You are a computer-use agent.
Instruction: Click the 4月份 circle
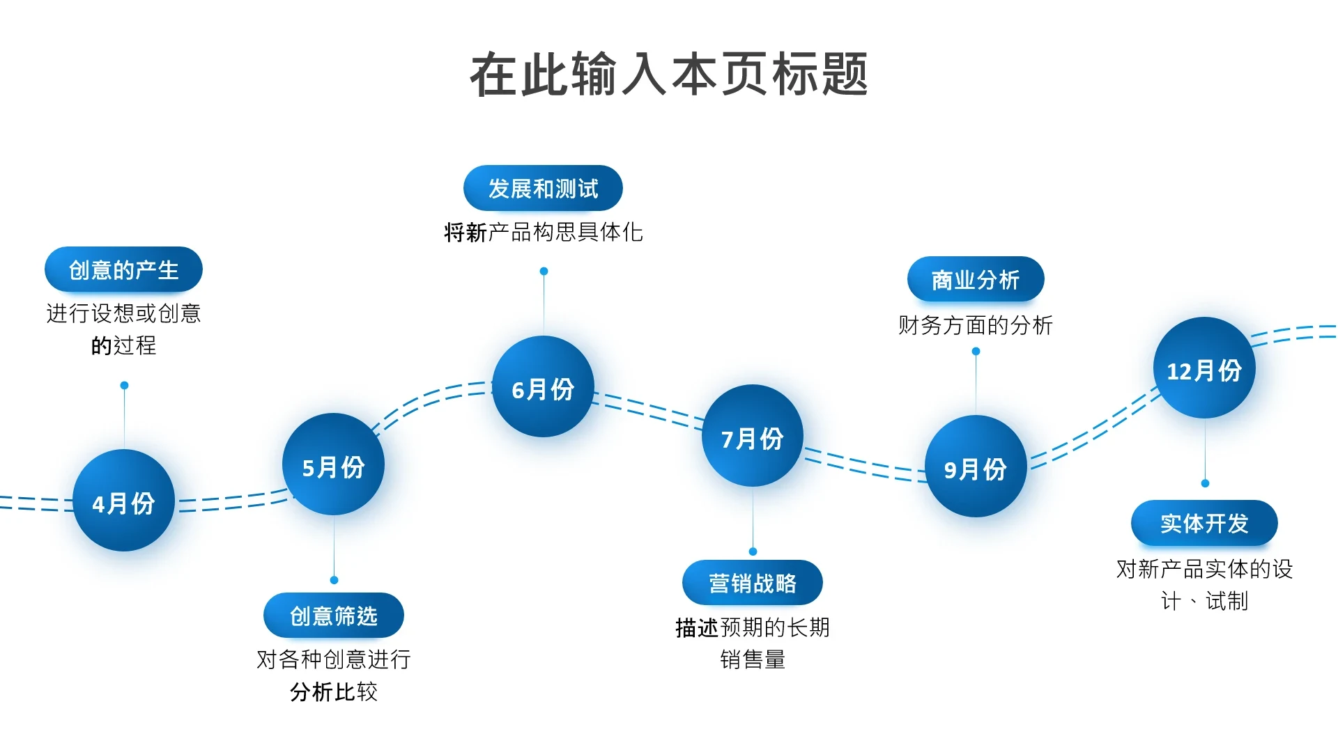click(x=123, y=501)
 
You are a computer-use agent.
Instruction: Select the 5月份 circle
click(x=333, y=464)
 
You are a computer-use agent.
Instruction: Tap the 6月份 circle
click(x=543, y=386)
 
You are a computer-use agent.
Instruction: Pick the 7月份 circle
click(x=753, y=436)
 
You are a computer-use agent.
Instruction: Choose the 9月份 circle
click(x=976, y=467)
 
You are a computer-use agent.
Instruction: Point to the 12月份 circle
click(x=1204, y=368)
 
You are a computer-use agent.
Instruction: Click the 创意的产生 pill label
click(x=123, y=269)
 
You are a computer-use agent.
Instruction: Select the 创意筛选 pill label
click(x=334, y=616)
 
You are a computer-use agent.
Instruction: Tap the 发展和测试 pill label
click(x=543, y=188)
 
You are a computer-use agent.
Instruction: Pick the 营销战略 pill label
click(x=753, y=583)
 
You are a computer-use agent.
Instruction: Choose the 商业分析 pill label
click(x=976, y=279)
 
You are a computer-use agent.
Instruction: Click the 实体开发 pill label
click(x=1204, y=523)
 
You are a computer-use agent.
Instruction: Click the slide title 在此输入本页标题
click(x=669, y=74)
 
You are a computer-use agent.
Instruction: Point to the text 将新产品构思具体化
click(x=544, y=232)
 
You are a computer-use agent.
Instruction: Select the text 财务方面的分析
click(x=976, y=324)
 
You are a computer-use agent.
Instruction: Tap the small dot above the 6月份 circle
click(x=544, y=271)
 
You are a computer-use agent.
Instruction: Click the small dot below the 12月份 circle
click(x=1205, y=483)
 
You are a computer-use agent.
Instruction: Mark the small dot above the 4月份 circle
click(x=124, y=385)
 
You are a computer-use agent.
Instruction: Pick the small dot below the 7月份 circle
click(x=753, y=551)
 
